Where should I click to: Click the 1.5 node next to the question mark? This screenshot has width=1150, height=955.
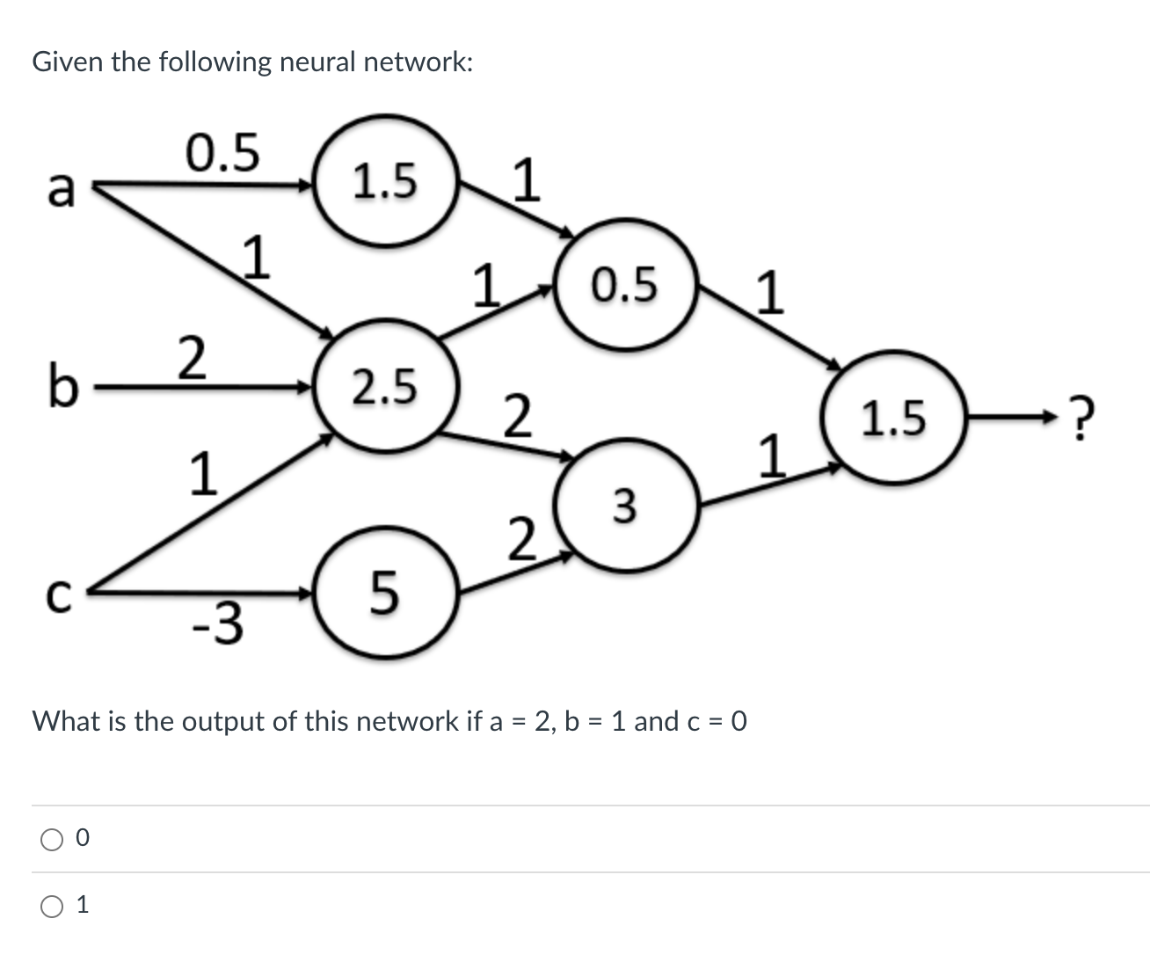[893, 418]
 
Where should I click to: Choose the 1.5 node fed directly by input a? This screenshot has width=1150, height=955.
[385, 181]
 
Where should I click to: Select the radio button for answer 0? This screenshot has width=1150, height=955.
[51, 840]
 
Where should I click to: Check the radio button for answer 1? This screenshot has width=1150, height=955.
[51, 906]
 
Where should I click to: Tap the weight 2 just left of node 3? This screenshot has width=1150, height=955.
[520, 539]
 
